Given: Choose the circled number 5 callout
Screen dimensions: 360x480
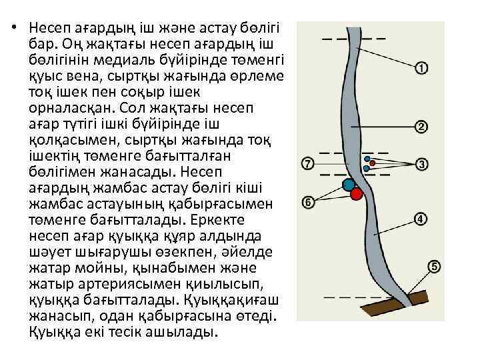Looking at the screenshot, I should tap(434, 267).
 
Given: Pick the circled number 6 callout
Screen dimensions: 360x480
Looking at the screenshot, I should tap(307, 201).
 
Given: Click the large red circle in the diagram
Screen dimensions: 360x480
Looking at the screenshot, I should tap(356, 194).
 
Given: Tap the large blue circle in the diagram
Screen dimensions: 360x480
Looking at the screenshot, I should tap(348, 184).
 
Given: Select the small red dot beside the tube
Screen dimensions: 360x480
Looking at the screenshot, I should tap(373, 163).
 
